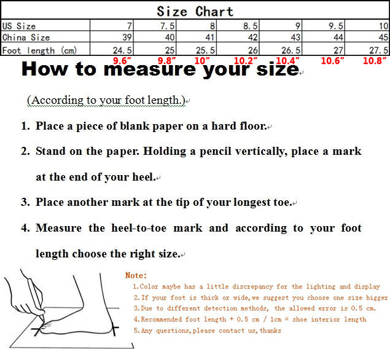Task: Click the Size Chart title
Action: tap(195, 11)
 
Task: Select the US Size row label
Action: tap(19, 26)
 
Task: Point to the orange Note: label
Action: tap(136, 276)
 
